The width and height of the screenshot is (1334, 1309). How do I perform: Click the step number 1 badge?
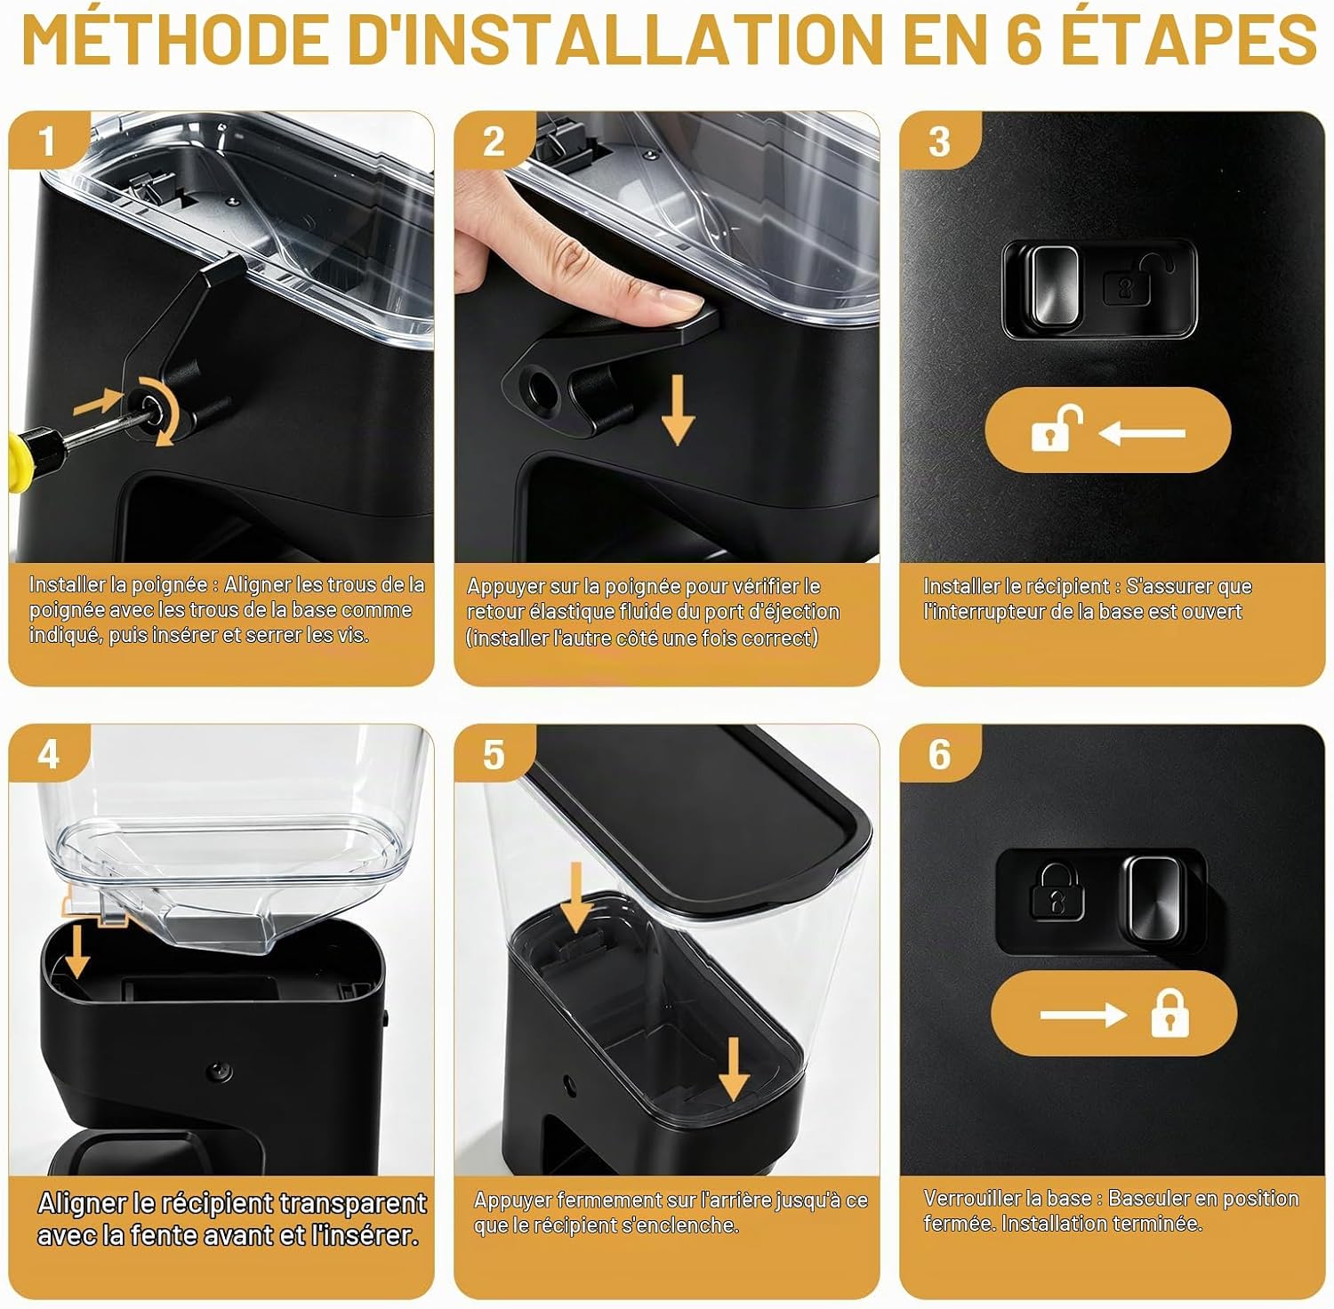(x=48, y=141)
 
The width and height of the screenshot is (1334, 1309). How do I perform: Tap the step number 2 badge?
(x=494, y=141)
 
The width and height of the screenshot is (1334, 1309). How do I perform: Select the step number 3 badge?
(x=939, y=141)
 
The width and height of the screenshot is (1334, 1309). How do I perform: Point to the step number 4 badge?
(x=48, y=754)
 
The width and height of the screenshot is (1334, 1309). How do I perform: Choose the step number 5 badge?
(x=494, y=754)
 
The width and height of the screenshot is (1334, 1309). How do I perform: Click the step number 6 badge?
(x=939, y=754)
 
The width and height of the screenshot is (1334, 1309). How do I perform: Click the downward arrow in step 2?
(x=678, y=410)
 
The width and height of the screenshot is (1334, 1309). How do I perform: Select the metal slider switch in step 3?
(x=1054, y=286)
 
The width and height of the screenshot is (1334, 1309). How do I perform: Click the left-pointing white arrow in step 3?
(x=1143, y=433)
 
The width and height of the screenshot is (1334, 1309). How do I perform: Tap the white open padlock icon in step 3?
(x=1056, y=430)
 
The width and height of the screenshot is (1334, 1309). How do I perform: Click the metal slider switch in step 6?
(x=1156, y=899)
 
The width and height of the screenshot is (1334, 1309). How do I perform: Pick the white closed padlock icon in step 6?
(x=1169, y=1014)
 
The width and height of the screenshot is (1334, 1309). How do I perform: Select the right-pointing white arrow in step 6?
(x=1083, y=1015)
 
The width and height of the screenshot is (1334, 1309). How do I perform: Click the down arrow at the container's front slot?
(x=77, y=951)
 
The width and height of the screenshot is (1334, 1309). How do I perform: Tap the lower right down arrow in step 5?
(x=733, y=1068)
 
